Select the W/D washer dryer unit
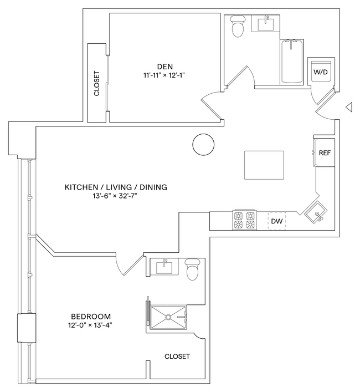coord(320,72)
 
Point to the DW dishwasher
coord(277,221)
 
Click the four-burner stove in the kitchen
coord(244,221)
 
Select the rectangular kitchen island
coord(264,165)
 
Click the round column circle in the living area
coord(203,145)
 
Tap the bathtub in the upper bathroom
coord(291,61)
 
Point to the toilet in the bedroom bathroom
coord(192,269)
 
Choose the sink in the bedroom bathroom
coord(166,267)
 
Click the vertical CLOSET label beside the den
coord(97,84)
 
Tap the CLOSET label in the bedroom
coord(177,357)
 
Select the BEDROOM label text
coord(89,316)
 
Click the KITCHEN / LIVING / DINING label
coord(116,187)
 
